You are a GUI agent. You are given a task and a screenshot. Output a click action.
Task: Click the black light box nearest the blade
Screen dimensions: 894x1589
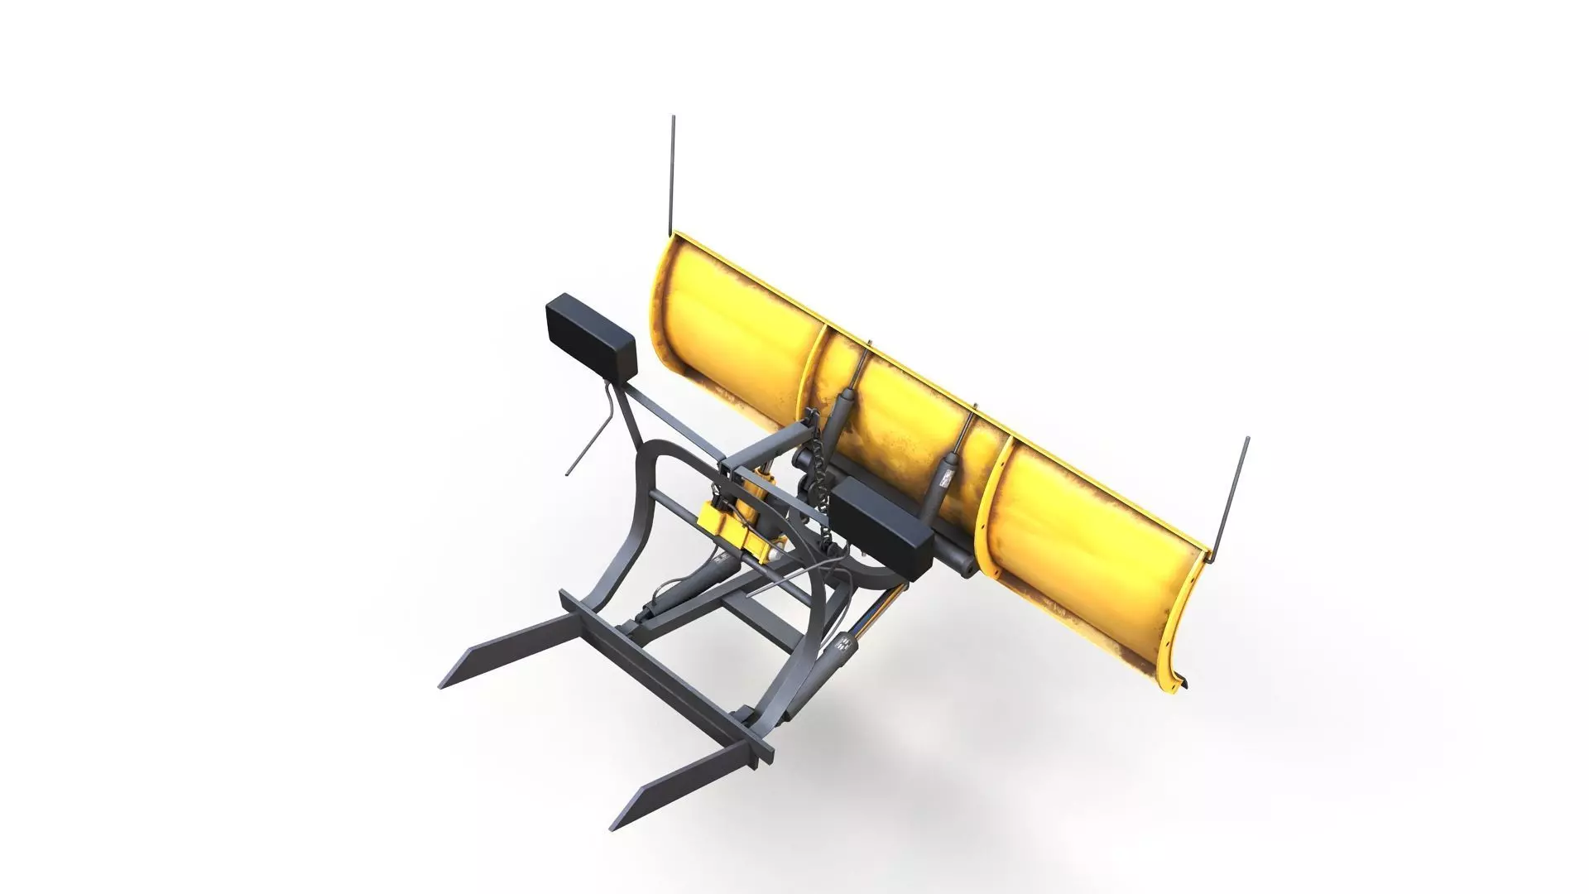881,531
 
